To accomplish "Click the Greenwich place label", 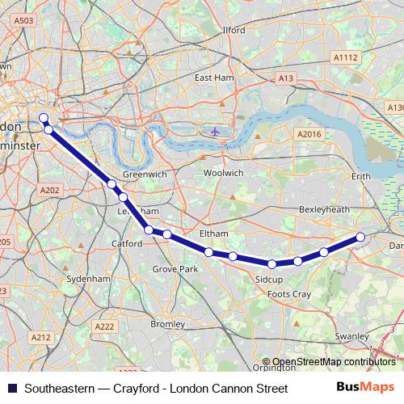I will pyautogui.click(x=145, y=174).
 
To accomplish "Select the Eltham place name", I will pyautogui.click(x=213, y=234).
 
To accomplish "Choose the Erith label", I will pyautogui.click(x=361, y=175).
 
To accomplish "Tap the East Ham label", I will pyautogui.click(x=213, y=78).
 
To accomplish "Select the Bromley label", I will pyautogui.click(x=168, y=324).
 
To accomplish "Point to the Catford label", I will pyautogui.click(x=127, y=242).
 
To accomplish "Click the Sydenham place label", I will pyautogui.click(x=88, y=278).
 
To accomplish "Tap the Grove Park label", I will pyautogui.click(x=175, y=268).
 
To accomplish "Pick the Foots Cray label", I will pyautogui.click(x=289, y=294).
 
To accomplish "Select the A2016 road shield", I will pyautogui.click(x=309, y=134).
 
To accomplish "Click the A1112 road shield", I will pyautogui.click(x=346, y=57).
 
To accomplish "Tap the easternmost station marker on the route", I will pyautogui.click(x=360, y=237).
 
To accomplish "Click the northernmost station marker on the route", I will pyautogui.click(x=44, y=118).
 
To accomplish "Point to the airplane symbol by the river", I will pyautogui.click(x=214, y=131).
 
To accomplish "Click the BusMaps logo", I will pyautogui.click(x=365, y=388).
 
